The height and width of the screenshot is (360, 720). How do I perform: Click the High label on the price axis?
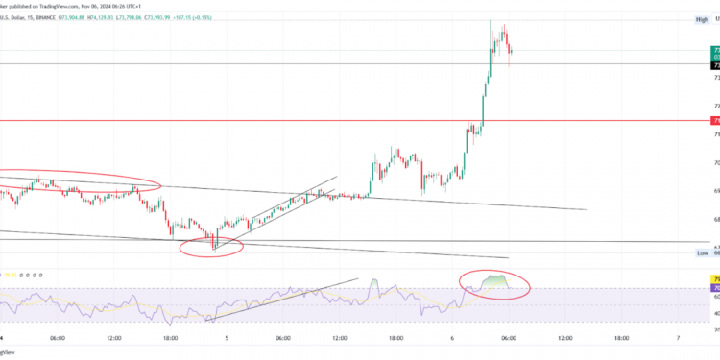pos(701,19)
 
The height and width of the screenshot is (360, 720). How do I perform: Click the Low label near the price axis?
pos(702,253)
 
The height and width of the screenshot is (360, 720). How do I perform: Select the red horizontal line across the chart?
pos(288,121)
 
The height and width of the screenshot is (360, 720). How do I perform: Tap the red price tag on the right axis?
pos(715,121)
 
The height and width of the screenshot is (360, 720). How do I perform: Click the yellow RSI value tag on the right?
pos(715,279)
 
